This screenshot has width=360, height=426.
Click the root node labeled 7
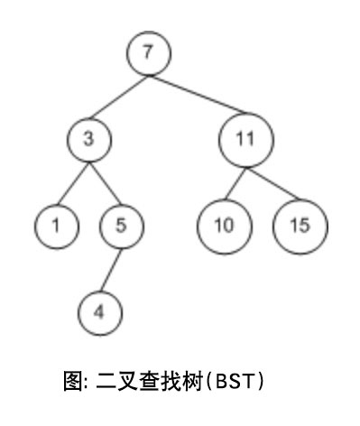point(149,53)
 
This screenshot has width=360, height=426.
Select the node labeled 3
point(89,140)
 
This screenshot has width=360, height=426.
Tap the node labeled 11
point(246,140)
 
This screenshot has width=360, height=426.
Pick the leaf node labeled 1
point(57,227)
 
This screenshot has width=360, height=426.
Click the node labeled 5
point(122,227)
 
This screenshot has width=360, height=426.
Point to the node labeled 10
point(225,227)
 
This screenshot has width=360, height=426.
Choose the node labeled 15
point(300,227)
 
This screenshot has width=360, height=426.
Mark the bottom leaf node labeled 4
point(100,313)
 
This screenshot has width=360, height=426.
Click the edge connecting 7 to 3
point(119,97)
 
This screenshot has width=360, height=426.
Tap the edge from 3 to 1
point(73,183)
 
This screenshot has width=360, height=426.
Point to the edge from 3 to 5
point(105,183)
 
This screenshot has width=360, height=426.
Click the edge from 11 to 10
point(235,183)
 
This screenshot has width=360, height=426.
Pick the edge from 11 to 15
point(273,183)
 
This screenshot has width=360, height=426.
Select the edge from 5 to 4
point(111,270)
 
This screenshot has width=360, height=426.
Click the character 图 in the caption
point(73,381)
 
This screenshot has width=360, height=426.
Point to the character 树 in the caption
point(191,381)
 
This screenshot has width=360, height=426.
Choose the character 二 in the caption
point(106,381)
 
